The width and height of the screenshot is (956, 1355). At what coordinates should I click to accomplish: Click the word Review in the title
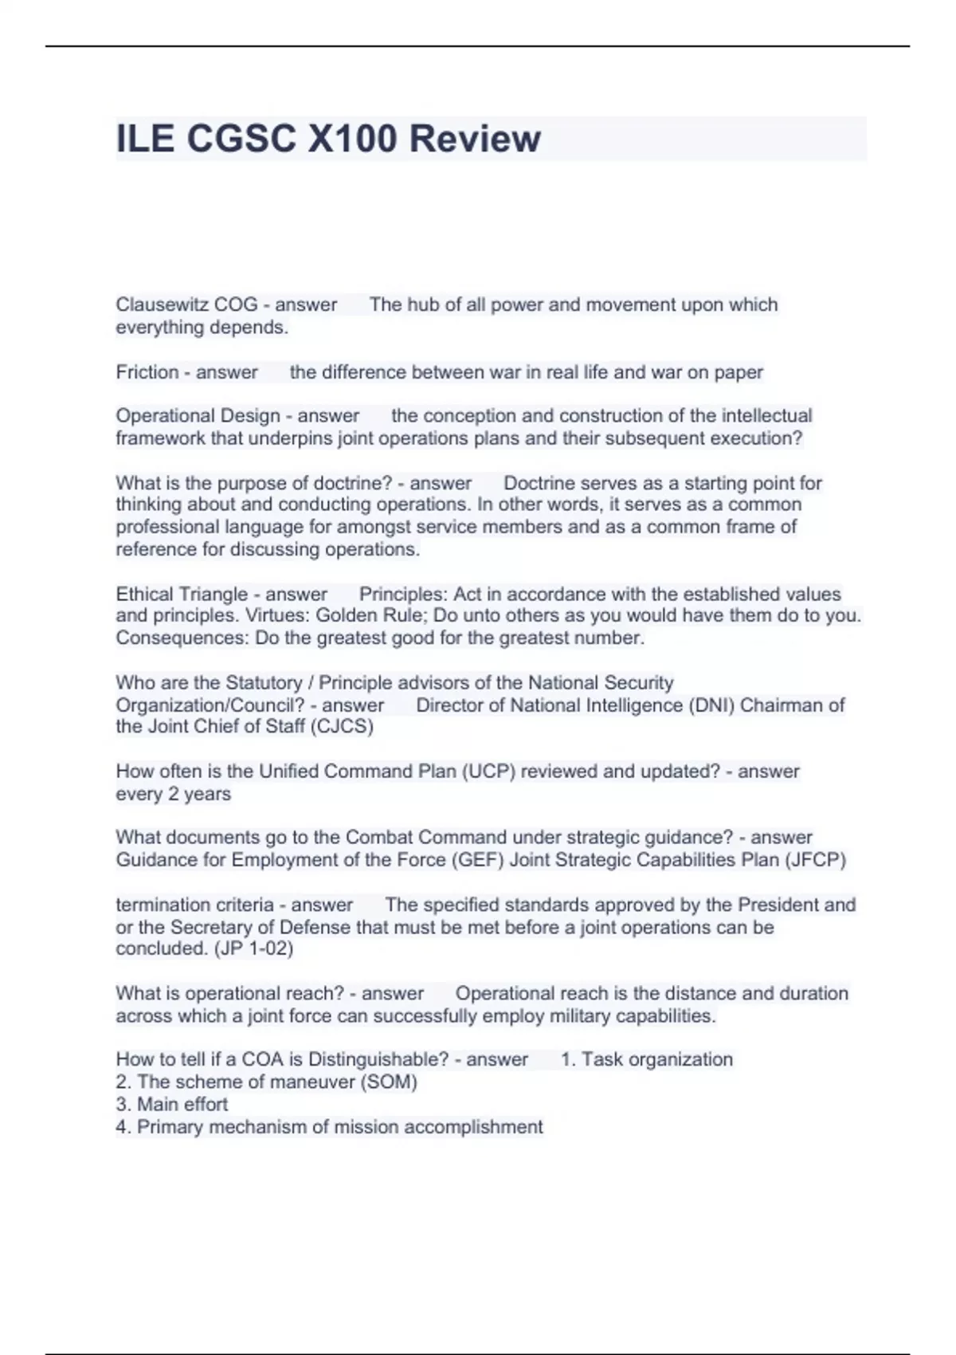click(475, 139)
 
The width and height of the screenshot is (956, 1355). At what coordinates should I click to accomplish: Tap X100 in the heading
click(351, 139)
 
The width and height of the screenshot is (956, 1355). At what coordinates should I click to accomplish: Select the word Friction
click(147, 372)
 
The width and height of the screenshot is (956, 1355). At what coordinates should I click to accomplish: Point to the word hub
click(425, 304)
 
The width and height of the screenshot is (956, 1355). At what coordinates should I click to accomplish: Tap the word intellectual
click(766, 415)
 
